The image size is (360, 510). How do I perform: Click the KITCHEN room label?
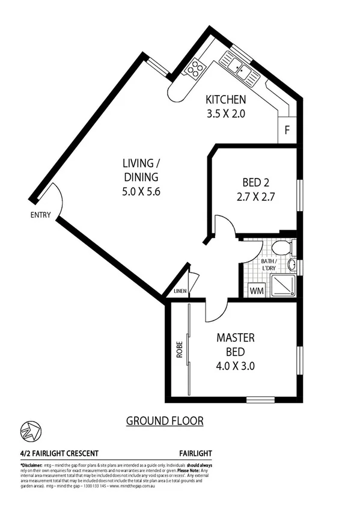[x=225, y=99]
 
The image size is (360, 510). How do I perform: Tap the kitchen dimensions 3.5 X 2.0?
[x=225, y=112]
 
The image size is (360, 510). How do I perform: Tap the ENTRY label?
[x=40, y=215]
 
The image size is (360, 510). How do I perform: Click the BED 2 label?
[x=255, y=182]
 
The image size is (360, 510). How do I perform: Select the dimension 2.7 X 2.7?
[x=255, y=195]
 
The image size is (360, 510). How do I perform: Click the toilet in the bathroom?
[x=281, y=247]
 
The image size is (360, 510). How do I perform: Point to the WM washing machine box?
[x=257, y=290]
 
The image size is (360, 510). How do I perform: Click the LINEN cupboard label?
[x=180, y=292]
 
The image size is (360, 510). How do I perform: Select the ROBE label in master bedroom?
[x=179, y=351]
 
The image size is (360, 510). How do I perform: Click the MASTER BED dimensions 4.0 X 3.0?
[x=236, y=364]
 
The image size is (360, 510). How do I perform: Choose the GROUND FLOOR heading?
[x=164, y=421]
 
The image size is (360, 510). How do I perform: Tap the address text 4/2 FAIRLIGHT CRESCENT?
[x=59, y=453]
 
